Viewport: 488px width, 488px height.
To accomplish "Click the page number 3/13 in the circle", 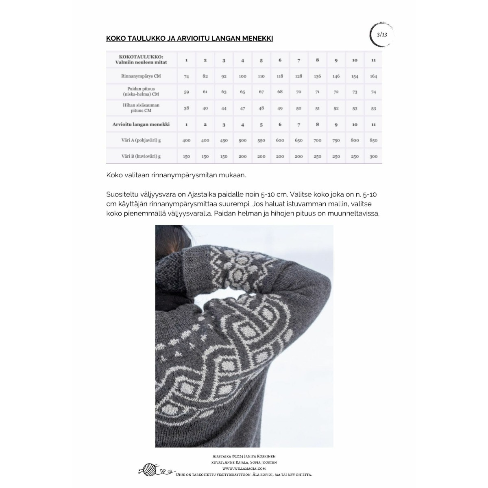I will (x=382, y=35).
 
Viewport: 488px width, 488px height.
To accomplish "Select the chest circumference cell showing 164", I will (x=373, y=76).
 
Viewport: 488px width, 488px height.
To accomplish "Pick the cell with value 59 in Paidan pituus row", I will (x=186, y=92).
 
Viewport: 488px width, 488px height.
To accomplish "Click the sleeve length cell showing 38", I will (x=186, y=108).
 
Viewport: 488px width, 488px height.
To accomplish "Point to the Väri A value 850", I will (x=373, y=140).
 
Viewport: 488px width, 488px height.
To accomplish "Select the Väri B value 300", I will (x=373, y=157).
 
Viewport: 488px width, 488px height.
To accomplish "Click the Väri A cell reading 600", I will (x=280, y=140).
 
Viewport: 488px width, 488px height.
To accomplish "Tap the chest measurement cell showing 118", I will (x=280, y=76).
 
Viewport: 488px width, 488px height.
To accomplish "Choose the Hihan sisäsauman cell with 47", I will (x=242, y=108).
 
